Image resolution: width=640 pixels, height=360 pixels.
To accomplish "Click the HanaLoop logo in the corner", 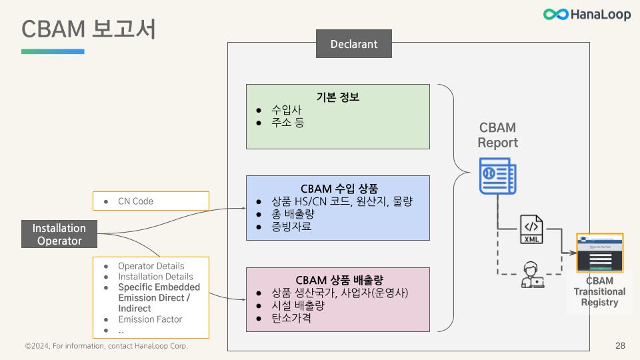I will coord(586,14).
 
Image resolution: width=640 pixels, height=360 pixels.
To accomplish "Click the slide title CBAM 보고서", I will coord(88,29).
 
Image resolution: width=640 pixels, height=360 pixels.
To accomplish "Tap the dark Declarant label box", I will coord(353,45).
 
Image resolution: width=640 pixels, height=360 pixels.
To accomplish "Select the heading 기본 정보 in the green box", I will coord(337,97).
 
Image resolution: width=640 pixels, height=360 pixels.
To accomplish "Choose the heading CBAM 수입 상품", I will coord(337,188).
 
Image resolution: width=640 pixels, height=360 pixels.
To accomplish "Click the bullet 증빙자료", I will coord(291,227).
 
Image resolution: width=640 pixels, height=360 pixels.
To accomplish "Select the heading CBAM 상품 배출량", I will coord(337,279).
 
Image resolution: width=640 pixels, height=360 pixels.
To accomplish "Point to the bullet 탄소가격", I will coord(291,318).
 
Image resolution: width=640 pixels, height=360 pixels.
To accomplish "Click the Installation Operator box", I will coord(60,234).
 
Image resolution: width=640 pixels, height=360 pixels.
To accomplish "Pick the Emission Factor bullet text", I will coord(150,319).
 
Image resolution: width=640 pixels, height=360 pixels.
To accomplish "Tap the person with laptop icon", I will coord(531,275).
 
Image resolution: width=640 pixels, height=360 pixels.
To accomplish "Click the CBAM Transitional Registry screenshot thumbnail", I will coord(599,253).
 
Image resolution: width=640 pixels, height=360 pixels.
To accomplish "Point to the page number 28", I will coord(620,346).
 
